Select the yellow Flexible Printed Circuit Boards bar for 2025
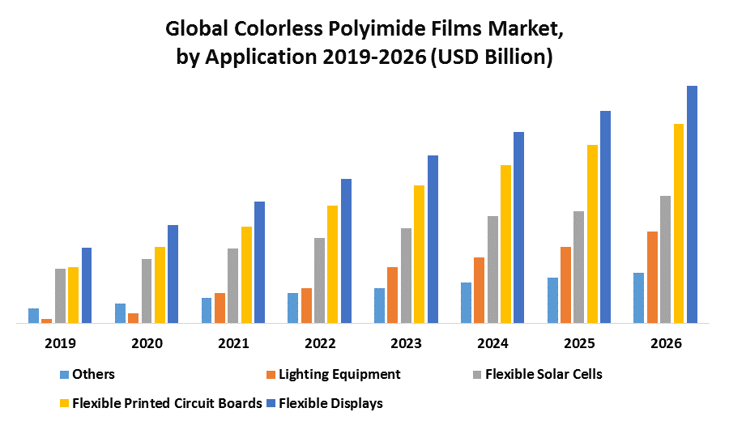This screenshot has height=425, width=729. point(592,234)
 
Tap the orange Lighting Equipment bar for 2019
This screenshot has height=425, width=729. point(46,321)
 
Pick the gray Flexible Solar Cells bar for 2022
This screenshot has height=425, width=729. point(319,280)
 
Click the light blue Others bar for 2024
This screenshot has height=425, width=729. point(466,303)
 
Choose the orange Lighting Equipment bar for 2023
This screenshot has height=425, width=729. point(392,295)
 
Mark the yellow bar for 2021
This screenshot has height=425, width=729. point(246,274)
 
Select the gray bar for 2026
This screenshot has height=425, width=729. point(666,259)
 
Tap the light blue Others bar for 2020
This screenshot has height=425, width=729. point(120,313)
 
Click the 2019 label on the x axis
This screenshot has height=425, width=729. point(60,343)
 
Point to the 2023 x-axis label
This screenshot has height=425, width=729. point(406,343)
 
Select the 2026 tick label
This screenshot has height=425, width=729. point(666,343)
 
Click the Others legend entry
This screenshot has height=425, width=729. point(93,374)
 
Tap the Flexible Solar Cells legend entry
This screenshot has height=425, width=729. point(543,374)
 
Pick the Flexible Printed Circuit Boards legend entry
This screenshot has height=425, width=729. point(167,402)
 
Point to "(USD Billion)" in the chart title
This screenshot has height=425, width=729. point(491,58)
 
